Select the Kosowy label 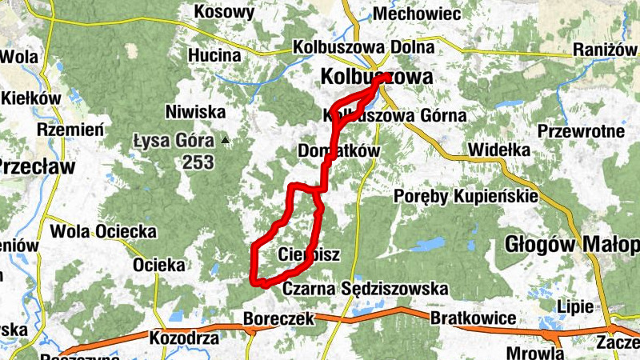(224, 12)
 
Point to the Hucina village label (214, 55)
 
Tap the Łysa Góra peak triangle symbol (226, 142)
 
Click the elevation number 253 (198, 162)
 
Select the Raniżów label (606, 50)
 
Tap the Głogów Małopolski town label (573, 244)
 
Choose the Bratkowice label (473, 318)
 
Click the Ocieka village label (159, 264)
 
